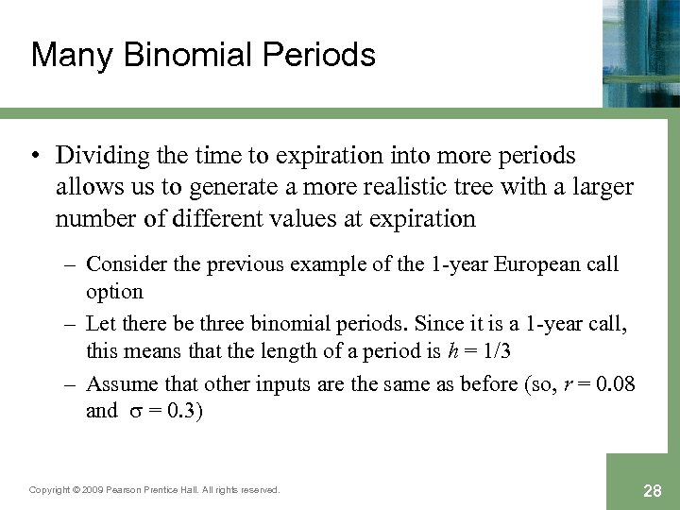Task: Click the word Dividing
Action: click(99, 155)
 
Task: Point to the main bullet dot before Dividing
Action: click(37, 156)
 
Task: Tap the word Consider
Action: click(127, 264)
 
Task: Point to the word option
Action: click(113, 291)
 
